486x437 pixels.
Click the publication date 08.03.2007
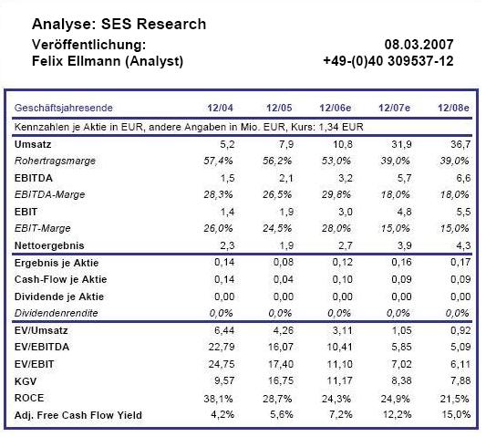(419, 45)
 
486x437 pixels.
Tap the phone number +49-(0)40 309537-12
(388, 61)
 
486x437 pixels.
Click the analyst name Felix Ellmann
(77, 61)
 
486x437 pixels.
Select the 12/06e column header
(336, 108)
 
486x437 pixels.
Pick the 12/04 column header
(220, 108)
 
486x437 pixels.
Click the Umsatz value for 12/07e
(401, 144)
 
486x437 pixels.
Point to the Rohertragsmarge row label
(55, 161)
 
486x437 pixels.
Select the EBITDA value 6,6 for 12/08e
(463, 178)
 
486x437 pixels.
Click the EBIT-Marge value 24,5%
(277, 229)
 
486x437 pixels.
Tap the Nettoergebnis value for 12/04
(227, 245)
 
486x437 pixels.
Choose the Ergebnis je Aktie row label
(57, 263)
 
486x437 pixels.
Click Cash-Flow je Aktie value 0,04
(284, 279)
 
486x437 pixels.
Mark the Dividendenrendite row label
(57, 313)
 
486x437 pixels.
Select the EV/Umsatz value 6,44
(224, 330)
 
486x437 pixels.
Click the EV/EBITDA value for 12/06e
(340, 347)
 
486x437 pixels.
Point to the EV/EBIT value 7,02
(401, 364)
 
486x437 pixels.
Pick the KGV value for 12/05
(281, 380)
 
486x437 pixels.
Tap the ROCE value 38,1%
(218, 399)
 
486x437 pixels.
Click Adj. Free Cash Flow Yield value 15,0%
(456, 415)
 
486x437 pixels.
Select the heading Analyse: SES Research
(119, 25)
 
